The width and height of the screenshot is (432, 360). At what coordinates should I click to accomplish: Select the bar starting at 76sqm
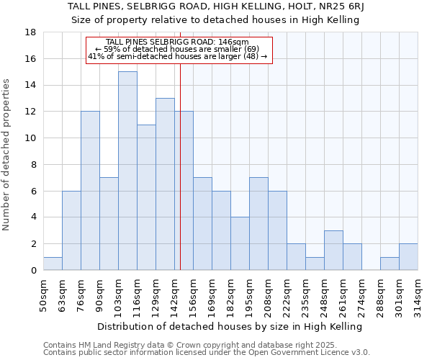pos(90,191)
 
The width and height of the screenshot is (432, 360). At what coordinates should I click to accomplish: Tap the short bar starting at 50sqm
pos(53,264)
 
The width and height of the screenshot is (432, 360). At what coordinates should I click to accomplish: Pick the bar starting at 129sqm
pos(165,184)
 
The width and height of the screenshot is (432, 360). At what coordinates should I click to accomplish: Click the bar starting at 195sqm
pos(258,224)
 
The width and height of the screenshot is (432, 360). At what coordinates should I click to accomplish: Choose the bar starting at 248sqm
pos(333,250)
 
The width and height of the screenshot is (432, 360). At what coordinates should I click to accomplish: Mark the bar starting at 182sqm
pos(240,243)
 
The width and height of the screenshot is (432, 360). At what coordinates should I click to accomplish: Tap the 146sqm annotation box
pos(179,50)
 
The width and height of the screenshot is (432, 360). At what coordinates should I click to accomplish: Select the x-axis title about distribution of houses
pos(230,326)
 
